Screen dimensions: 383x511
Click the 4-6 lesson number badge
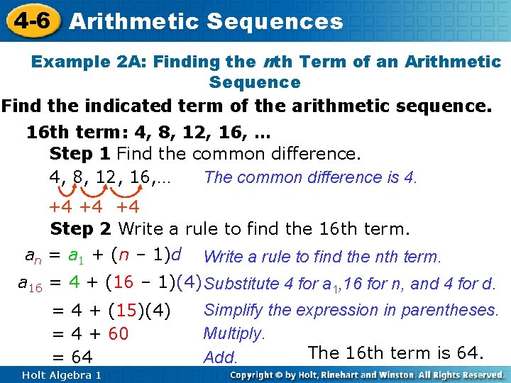(x=30, y=20)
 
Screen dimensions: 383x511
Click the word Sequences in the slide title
(x=275, y=21)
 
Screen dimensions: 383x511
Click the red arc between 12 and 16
(x=119, y=191)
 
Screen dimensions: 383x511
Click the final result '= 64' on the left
(x=73, y=356)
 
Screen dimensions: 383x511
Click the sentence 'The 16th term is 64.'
(x=396, y=353)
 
